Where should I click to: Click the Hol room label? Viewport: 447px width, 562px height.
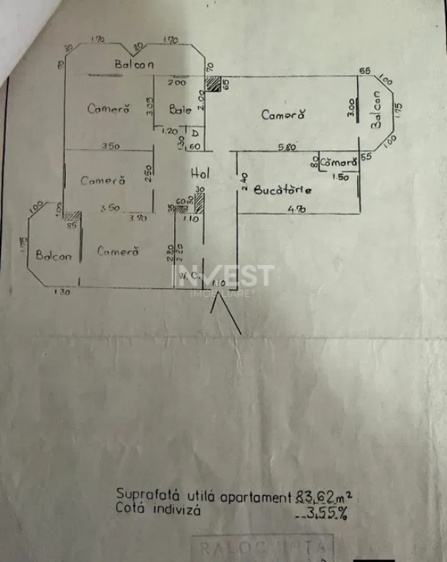point(200,174)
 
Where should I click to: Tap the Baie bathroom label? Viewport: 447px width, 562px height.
point(180,110)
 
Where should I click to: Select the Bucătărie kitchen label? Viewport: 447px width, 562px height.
point(284,190)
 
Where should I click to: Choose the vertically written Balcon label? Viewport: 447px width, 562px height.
point(377,110)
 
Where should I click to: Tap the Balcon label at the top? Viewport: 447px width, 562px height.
point(134,64)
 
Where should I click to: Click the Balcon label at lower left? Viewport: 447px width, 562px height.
point(56,257)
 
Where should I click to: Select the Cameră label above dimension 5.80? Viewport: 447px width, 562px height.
point(282,115)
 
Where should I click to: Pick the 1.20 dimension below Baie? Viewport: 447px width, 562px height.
point(169,132)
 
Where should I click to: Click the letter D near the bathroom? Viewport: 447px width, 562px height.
point(195,133)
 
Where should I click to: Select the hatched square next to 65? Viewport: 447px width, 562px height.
point(212,84)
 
